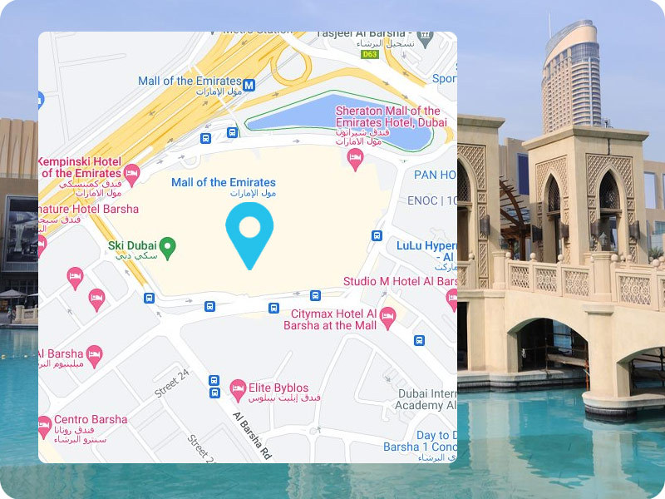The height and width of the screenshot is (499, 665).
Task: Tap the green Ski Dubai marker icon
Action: pyautogui.click(x=167, y=247)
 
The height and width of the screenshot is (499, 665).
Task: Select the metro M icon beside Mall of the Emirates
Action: pyautogui.click(x=249, y=84)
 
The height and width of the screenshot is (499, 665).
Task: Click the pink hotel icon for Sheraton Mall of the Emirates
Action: pyautogui.click(x=355, y=158)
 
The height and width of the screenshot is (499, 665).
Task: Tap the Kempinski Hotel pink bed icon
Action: pyautogui.click(x=131, y=174)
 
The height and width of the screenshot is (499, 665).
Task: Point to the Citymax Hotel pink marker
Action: pyautogui.click(x=387, y=317)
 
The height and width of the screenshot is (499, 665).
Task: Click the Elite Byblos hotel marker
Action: pyautogui.click(x=238, y=389)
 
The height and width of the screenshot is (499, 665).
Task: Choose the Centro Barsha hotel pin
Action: pyautogui.click(x=45, y=427)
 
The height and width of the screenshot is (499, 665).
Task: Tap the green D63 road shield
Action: pyautogui.click(x=369, y=54)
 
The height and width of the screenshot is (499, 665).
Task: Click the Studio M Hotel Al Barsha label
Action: pyautogui.click(x=400, y=281)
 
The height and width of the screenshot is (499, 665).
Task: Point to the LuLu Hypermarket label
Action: pyautogui.click(x=426, y=246)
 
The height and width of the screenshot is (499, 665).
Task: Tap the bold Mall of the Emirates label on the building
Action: pyautogui.click(x=223, y=182)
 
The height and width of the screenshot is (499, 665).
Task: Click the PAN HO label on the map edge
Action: pyautogui.click(x=435, y=175)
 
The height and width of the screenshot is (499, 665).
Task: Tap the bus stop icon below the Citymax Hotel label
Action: pyautogui.click(x=419, y=340)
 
